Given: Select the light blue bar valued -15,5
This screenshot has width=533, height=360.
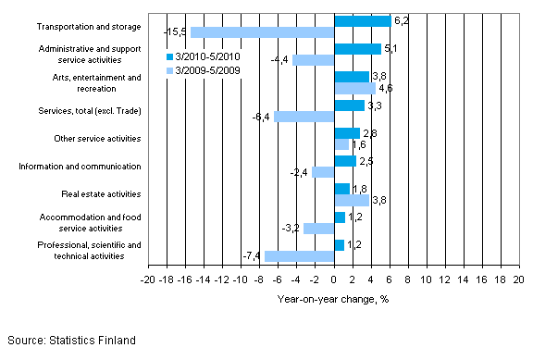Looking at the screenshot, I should (x=262, y=32).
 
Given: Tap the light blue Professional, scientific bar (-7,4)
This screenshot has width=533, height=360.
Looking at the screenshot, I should (x=299, y=256).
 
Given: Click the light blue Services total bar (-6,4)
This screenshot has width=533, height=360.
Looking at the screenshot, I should (x=304, y=117).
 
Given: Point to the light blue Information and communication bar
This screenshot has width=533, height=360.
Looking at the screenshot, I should (x=323, y=172).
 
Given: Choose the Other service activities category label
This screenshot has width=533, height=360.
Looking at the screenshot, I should (x=95, y=139).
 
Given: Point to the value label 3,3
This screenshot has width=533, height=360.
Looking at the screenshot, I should (x=373, y=105).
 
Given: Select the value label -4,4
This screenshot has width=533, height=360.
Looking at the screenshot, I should (x=279, y=61).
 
